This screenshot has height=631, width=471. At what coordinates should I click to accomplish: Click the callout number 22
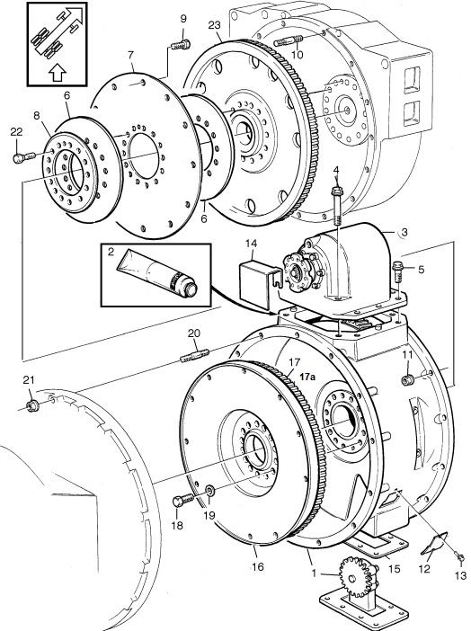(17, 132)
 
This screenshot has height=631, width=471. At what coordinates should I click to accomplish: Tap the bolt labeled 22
(24, 157)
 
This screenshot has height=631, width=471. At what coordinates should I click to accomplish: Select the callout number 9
(183, 19)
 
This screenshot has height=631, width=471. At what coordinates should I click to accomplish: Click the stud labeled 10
(289, 40)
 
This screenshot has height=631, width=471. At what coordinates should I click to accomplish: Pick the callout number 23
(215, 25)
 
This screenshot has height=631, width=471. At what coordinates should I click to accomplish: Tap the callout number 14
(253, 244)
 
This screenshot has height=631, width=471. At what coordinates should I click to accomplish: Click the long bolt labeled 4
(338, 205)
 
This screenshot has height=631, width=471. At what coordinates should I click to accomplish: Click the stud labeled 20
(195, 355)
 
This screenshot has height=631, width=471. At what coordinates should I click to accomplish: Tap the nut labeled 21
(31, 405)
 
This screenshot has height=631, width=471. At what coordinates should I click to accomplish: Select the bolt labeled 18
(183, 501)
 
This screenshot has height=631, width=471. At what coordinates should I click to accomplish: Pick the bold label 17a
(307, 377)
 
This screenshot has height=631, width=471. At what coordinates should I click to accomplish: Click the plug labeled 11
(408, 379)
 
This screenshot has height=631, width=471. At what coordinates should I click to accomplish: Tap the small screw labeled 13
(460, 557)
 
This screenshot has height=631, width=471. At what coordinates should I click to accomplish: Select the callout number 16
(258, 566)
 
